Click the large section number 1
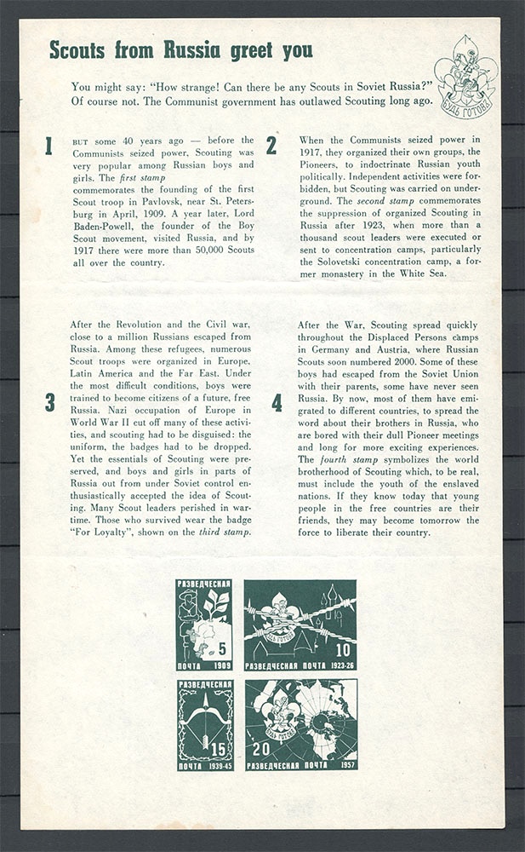coord(49,146)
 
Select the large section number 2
coord(271,146)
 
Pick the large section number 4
coord(277,403)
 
